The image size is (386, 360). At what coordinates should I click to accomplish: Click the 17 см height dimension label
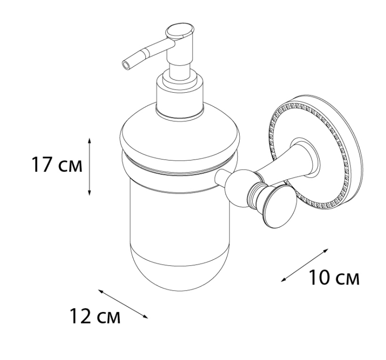pyautogui.click(x=57, y=165)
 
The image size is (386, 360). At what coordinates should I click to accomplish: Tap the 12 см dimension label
pyautogui.click(x=95, y=316)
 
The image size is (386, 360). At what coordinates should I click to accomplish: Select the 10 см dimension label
pyautogui.click(x=334, y=278)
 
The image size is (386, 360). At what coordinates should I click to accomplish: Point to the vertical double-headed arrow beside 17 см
pyautogui.click(x=89, y=167)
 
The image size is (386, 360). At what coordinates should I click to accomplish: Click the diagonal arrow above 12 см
pyautogui.click(x=123, y=304)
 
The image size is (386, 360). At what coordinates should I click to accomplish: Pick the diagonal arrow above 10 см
pyautogui.click(x=305, y=265)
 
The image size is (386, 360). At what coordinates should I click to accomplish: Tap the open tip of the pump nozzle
pyautogui.click(x=126, y=66)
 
